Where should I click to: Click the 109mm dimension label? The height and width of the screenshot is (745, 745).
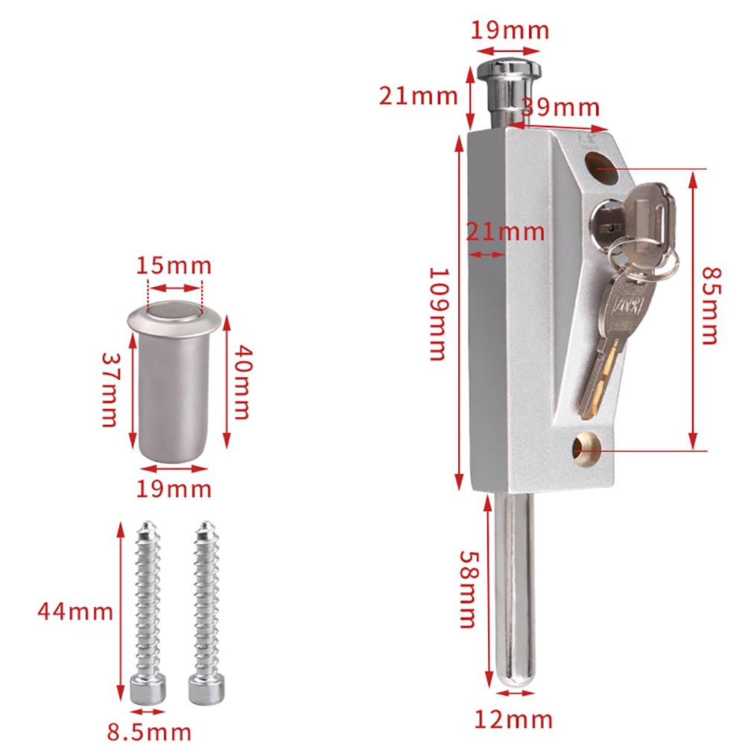[x=439, y=314]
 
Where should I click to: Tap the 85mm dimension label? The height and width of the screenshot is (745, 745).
[x=711, y=305]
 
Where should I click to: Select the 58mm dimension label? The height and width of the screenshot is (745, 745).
[x=469, y=589]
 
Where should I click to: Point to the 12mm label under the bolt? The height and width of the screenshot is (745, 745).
[x=513, y=720]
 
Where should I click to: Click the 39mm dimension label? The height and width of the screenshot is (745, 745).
[x=561, y=107]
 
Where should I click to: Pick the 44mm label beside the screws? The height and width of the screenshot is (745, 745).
[x=75, y=611]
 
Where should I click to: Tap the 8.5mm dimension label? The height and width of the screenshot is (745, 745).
[x=149, y=732]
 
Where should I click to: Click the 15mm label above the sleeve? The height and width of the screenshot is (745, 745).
[x=174, y=265]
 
